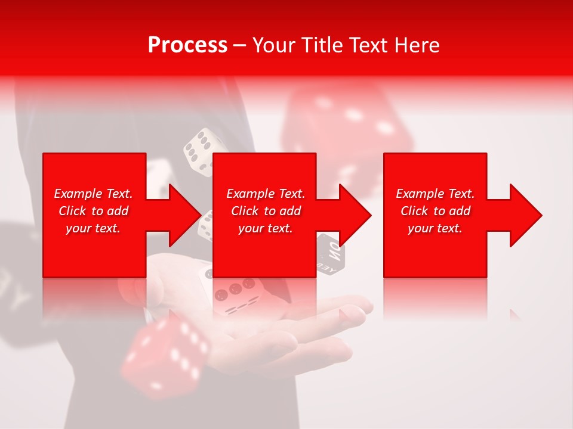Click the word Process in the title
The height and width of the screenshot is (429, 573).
click(187, 45)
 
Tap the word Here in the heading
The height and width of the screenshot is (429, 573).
click(418, 45)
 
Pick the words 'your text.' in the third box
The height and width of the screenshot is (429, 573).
click(435, 228)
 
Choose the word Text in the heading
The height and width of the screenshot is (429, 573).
click(370, 45)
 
